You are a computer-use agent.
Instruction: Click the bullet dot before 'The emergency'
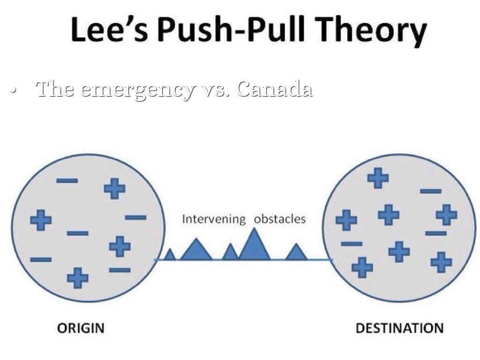[x=15, y=89]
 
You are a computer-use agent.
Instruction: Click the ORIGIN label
[x=80, y=328]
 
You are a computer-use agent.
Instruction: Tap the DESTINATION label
[x=399, y=328]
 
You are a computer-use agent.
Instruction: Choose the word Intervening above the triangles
[x=214, y=219]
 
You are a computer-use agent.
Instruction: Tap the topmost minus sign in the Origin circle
[x=67, y=180]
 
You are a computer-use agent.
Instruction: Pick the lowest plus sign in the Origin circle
[x=78, y=277]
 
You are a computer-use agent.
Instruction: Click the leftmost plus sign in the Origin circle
[x=41, y=220]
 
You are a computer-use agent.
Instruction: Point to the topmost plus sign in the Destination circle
[x=378, y=178]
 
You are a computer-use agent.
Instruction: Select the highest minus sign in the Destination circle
[x=431, y=191]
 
